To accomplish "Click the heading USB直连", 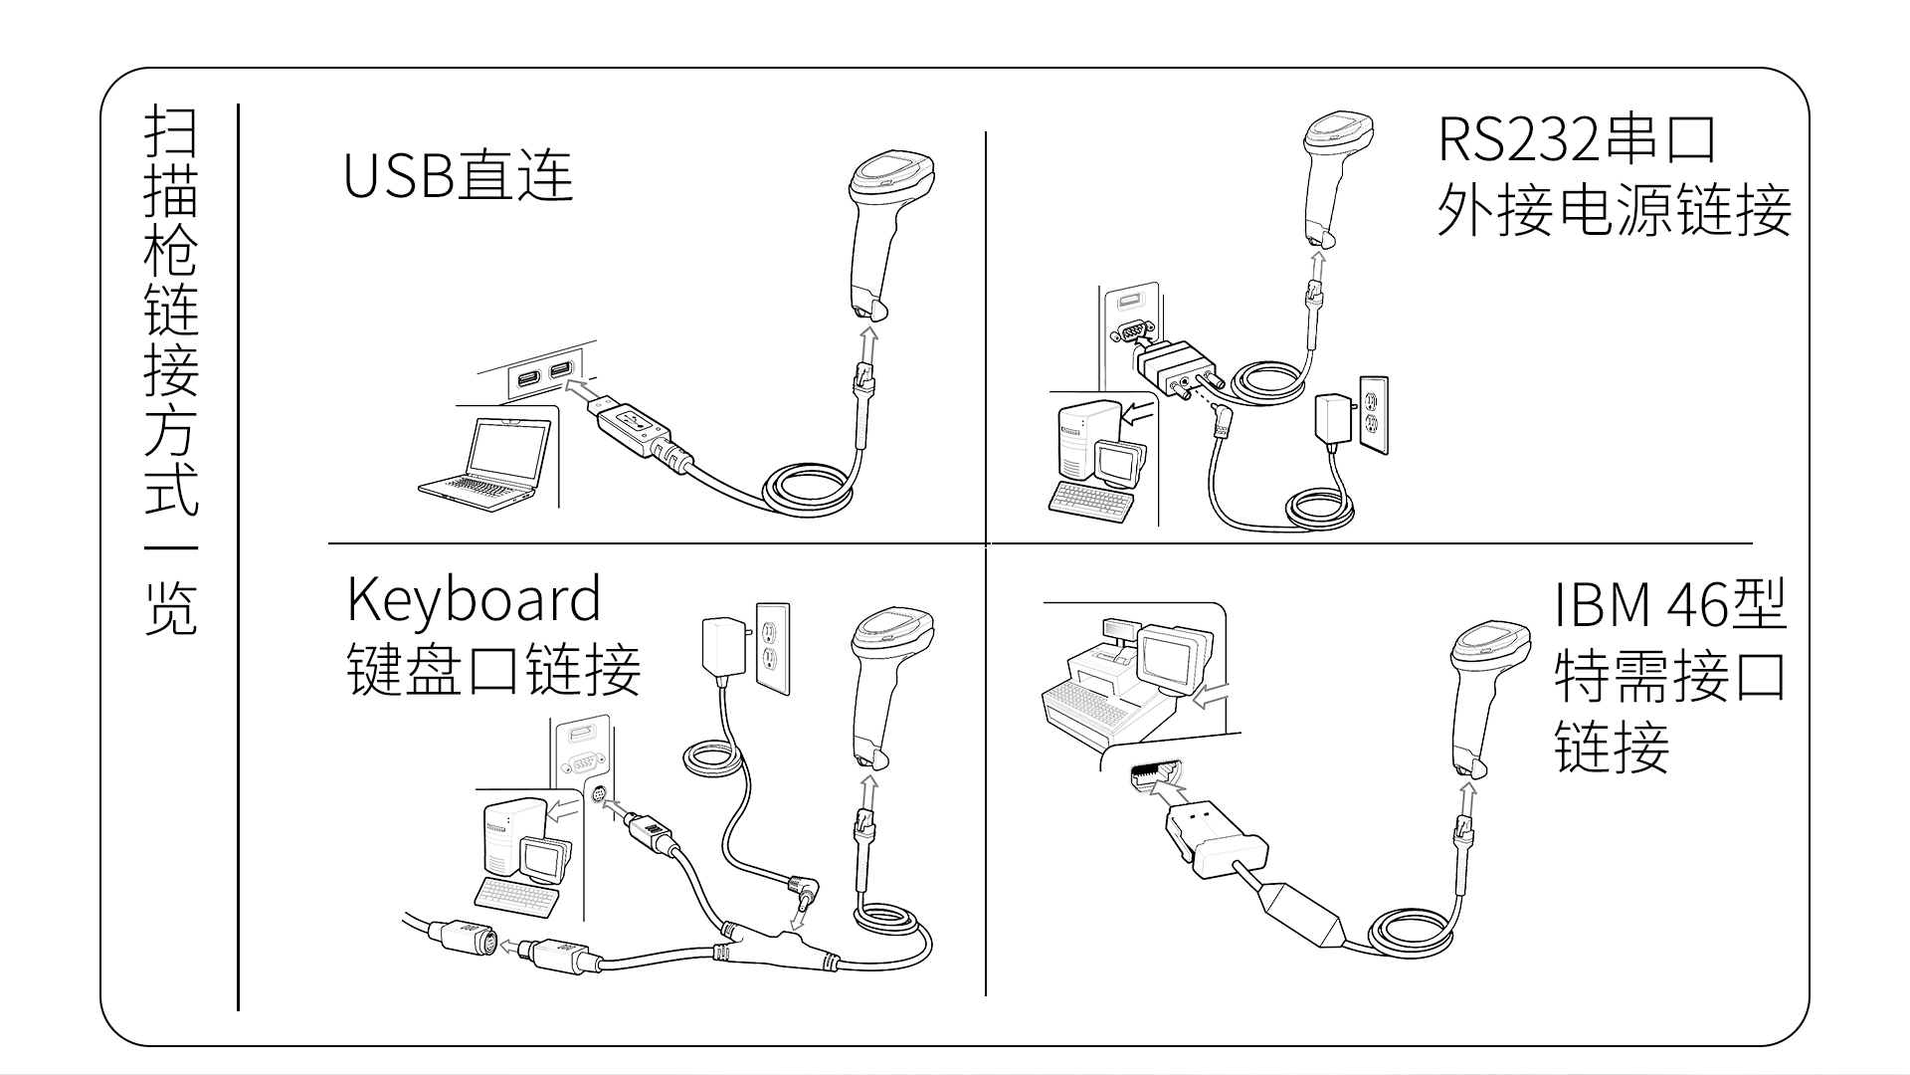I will coord(458,176).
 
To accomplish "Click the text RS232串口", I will coord(1577,139).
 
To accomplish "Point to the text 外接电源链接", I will coord(1614,211).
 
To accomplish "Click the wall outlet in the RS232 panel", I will coord(1374,414).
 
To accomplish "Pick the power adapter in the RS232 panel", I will coord(1332,420).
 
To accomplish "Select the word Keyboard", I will coord(474,599).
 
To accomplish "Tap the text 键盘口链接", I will coord(493,670).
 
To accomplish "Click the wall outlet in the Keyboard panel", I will coord(772,648).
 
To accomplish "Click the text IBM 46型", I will coord(1670,604).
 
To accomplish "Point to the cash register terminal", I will coord(1124,677).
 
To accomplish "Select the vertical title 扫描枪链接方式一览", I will coord(171,368).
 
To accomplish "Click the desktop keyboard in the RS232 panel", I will coord(1092,498).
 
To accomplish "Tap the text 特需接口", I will coord(1670,677).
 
